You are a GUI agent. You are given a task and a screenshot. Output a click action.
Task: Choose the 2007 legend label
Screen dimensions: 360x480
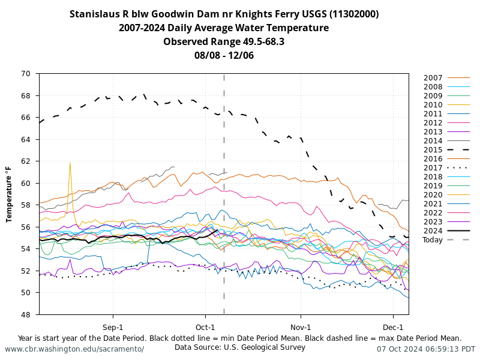pyautogui.click(x=433, y=78)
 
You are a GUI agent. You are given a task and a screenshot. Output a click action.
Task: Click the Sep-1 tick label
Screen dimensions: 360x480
pyautogui.click(x=113, y=327)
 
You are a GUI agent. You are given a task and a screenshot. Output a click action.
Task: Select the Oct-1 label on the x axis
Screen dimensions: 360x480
pyautogui.click(x=205, y=327)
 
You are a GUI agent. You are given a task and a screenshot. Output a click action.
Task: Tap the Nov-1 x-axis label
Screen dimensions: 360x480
pyautogui.click(x=301, y=327)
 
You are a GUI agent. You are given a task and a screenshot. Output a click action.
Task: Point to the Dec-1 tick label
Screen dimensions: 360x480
pyautogui.click(x=393, y=327)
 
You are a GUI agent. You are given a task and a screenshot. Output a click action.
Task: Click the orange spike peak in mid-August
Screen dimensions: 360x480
pyautogui.click(x=70, y=163)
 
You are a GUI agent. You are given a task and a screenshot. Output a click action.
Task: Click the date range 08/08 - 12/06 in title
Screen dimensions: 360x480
pyautogui.click(x=224, y=55)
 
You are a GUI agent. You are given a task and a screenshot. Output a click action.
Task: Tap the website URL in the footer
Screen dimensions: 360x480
pyautogui.click(x=74, y=349)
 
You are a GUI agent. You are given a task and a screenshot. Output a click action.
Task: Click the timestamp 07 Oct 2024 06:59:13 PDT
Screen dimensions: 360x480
pyautogui.click(x=426, y=349)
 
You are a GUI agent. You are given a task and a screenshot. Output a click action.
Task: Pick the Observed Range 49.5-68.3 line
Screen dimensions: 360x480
pyautogui.click(x=224, y=41)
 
